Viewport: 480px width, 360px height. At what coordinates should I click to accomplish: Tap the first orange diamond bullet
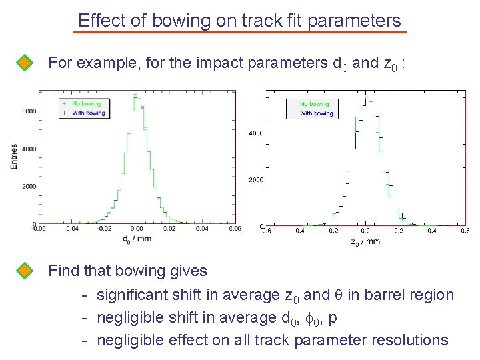point(25,63)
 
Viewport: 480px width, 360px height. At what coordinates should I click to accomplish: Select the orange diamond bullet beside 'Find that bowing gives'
point(25,271)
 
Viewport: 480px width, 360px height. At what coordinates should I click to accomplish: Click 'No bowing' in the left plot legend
point(86,104)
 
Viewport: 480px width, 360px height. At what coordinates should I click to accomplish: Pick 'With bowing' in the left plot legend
point(87,113)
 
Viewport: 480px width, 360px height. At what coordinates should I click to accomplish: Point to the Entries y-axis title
point(14,156)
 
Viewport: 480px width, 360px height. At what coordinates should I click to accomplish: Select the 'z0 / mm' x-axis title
point(365,241)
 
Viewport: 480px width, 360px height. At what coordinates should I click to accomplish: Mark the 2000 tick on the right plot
point(256,180)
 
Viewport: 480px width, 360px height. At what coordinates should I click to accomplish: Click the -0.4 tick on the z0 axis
point(299,231)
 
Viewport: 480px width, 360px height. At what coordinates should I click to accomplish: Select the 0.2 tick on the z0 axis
point(398,231)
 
